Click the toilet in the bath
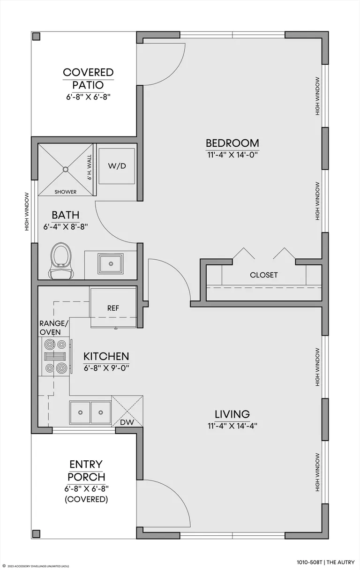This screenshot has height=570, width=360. point(61,260)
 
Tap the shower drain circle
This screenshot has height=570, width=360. point(66,169)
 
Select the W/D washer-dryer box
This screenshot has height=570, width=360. point(117,166)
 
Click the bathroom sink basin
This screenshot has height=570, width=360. point(111,263)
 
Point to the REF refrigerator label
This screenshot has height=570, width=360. point(113,308)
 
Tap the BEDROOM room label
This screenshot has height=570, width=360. point(232,143)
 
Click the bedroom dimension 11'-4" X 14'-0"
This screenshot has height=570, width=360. point(232,155)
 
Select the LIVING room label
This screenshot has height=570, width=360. point(232,414)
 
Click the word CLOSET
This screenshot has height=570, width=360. point(263,275)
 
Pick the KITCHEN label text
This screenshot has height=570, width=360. point(106,356)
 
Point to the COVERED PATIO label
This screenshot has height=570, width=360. point(88,79)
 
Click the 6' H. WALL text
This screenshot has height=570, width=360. point(90,167)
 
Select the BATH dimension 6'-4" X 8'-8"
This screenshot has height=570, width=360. point(65,227)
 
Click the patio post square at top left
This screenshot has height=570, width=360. point(37,37)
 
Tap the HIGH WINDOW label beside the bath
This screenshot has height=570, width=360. point(27,212)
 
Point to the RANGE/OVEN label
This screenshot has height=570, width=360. point(54,328)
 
